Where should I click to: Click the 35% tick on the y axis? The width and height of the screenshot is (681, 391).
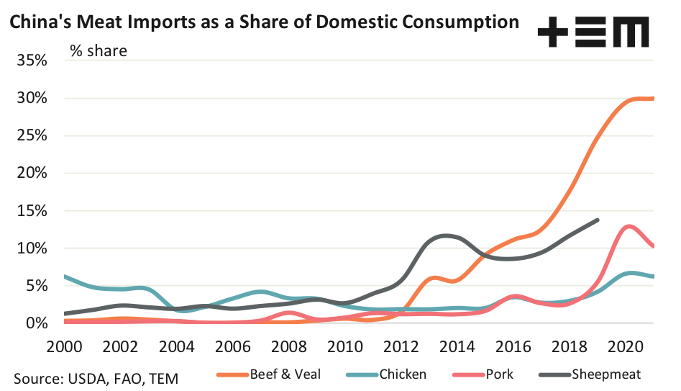(33, 60)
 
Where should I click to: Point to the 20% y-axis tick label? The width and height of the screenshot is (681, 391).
(33, 173)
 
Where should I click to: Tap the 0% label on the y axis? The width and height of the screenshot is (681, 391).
(37, 323)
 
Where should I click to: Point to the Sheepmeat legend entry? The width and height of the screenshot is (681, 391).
(603, 374)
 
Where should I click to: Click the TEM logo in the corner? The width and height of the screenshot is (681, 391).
(593, 33)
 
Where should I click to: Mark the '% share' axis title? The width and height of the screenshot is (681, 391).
(99, 50)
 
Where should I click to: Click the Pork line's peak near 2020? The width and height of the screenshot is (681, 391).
(630, 226)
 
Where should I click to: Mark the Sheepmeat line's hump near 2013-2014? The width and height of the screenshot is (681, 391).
(447, 235)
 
